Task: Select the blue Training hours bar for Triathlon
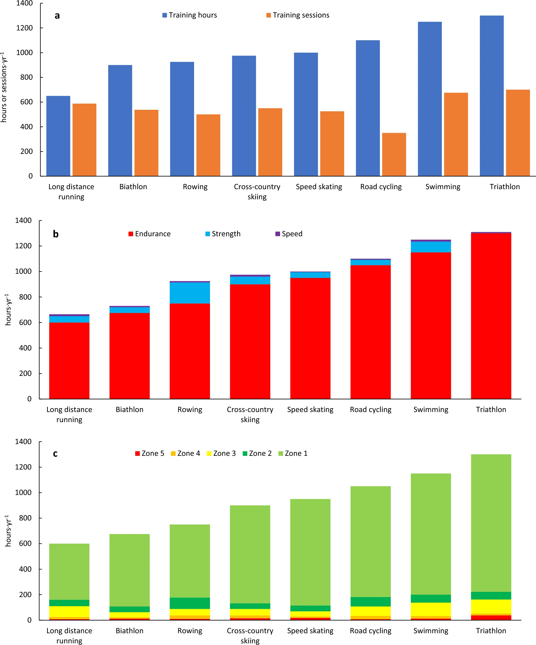(491, 96)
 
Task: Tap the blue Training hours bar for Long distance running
(58, 136)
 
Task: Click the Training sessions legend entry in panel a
(298, 15)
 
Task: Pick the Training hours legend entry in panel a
(189, 15)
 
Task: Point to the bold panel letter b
(56, 234)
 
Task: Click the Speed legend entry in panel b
(289, 234)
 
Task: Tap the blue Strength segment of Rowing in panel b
(189, 293)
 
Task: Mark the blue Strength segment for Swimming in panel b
(431, 247)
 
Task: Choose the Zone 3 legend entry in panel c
(221, 453)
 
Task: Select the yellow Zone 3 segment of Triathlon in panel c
(491, 606)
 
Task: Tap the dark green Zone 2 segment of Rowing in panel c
(189, 603)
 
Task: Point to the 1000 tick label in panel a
(24, 53)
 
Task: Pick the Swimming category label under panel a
(443, 187)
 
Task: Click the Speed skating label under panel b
(310, 409)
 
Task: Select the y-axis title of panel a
(4, 88)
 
